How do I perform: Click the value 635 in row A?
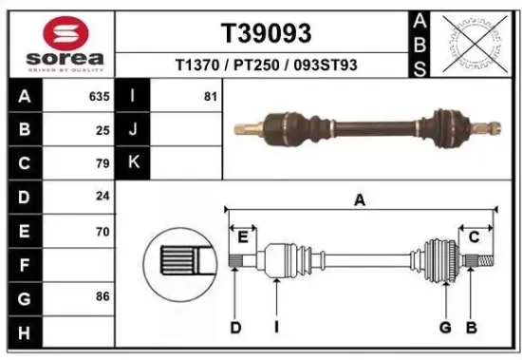click(x=99, y=96)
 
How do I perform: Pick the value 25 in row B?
click(x=103, y=129)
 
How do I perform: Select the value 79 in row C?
click(x=103, y=162)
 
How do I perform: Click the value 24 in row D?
click(x=103, y=196)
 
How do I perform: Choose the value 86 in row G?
click(x=103, y=296)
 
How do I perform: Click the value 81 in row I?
click(x=211, y=96)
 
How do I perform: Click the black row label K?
click(x=133, y=162)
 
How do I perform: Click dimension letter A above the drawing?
click(x=360, y=199)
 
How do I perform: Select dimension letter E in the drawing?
click(x=243, y=237)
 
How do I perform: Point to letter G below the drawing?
click(x=443, y=328)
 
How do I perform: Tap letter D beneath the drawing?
click(x=235, y=328)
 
